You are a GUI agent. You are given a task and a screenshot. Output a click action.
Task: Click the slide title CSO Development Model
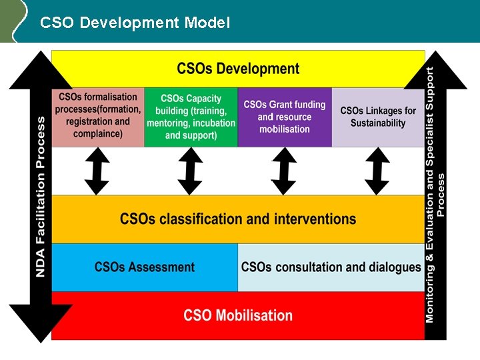(x=135, y=23)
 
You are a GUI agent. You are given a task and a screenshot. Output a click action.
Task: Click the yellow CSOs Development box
(x=238, y=69)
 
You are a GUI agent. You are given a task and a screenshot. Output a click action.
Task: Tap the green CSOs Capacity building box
(x=191, y=117)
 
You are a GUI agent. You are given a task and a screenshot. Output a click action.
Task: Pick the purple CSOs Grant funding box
(x=285, y=117)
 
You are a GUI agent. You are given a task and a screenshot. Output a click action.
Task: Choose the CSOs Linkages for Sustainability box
(x=378, y=117)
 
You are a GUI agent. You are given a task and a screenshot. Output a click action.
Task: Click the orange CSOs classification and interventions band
(x=238, y=219)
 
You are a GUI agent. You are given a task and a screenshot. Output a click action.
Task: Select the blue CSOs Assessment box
(x=145, y=267)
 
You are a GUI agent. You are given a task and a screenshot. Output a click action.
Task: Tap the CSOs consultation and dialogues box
(x=331, y=267)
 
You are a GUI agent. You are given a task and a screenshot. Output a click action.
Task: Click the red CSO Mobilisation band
(x=238, y=315)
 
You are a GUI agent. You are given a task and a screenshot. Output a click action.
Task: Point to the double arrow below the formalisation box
(x=97, y=171)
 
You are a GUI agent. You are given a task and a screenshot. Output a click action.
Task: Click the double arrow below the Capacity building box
(x=191, y=171)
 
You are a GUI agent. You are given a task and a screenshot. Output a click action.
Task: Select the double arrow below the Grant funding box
(x=284, y=171)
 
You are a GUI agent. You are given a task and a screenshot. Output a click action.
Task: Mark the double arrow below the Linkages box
(x=377, y=171)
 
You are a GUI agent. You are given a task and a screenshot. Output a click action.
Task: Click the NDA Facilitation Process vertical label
(x=41, y=197)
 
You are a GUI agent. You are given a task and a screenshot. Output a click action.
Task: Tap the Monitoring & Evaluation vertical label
(x=435, y=193)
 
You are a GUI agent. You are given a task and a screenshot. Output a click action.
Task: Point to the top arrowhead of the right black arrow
(x=436, y=69)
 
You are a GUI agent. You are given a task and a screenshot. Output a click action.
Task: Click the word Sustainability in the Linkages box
(x=378, y=123)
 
